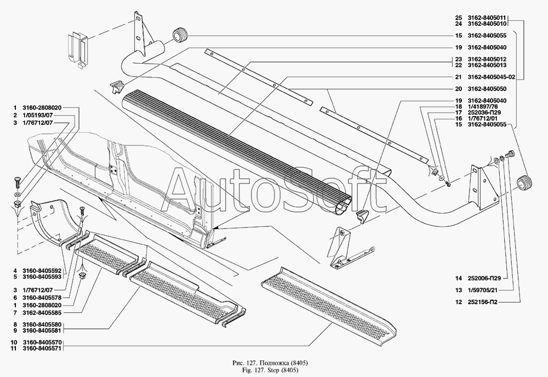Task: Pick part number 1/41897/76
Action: (x=482, y=107)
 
